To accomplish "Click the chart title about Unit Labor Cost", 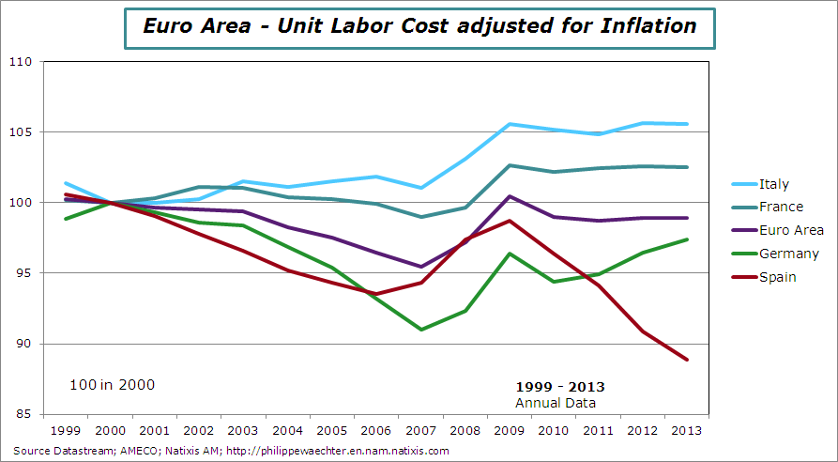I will click(419, 25).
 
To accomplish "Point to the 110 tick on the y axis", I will click(21, 62).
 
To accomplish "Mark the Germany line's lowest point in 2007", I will click(421, 330).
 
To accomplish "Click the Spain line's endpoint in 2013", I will click(688, 360).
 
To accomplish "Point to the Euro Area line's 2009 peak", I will click(510, 196).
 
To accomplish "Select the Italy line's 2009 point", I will click(510, 124).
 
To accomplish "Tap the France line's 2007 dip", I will click(421, 217).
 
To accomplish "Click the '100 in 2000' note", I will click(112, 384).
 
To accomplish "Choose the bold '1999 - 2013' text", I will click(560, 387).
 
